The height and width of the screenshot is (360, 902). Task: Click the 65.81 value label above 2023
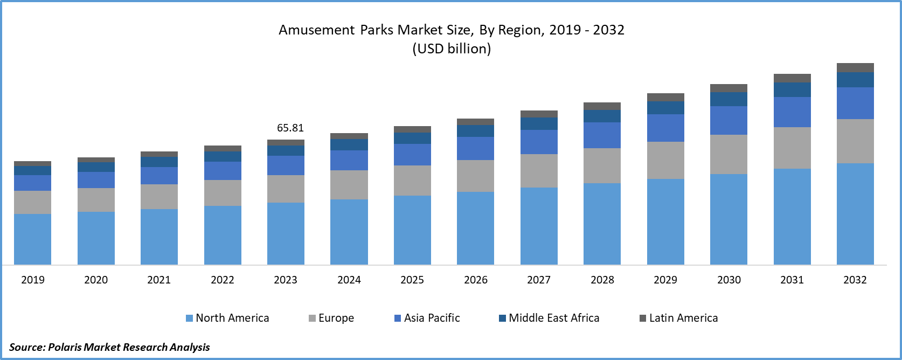(x=290, y=128)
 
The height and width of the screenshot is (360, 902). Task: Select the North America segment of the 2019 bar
(x=32, y=239)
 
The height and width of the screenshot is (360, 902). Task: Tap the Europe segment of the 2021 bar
(x=159, y=196)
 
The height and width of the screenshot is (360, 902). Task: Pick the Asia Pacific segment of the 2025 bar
(x=412, y=154)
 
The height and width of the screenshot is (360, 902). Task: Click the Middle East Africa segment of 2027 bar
(x=539, y=123)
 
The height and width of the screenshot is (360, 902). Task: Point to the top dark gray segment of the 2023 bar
(x=286, y=142)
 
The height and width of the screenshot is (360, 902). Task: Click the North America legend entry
(x=227, y=318)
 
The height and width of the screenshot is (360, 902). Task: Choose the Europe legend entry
(x=331, y=318)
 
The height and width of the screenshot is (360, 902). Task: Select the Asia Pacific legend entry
(x=427, y=318)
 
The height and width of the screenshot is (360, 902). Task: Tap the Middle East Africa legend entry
(x=549, y=318)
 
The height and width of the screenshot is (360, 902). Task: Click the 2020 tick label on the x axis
(x=96, y=280)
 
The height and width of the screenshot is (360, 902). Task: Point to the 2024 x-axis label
(x=349, y=280)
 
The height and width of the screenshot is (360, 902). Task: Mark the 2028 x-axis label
(x=602, y=280)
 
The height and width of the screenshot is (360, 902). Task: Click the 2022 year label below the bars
(x=223, y=280)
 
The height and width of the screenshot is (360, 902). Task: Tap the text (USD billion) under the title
(x=452, y=49)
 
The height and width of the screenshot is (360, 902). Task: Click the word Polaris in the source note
(x=65, y=347)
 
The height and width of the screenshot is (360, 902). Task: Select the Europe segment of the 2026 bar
(x=475, y=176)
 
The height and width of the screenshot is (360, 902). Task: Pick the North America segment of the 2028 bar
(x=602, y=224)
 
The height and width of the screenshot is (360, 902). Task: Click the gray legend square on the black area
(x=642, y=318)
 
